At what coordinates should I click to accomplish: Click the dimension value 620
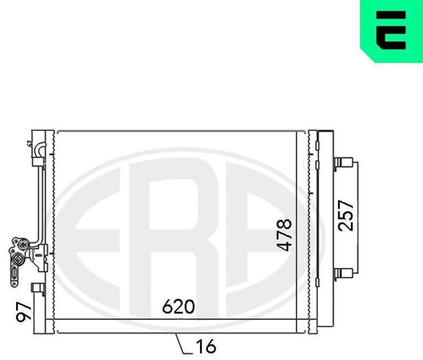178,306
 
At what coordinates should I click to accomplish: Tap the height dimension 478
284,235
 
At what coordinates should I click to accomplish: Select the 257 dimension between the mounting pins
346,216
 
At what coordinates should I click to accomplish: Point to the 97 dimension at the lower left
24,312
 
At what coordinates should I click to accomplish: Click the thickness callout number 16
206,346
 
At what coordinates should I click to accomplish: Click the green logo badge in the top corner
392,31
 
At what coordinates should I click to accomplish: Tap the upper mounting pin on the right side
343,163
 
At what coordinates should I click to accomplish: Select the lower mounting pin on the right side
343,273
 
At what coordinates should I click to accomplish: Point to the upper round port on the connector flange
23,245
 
